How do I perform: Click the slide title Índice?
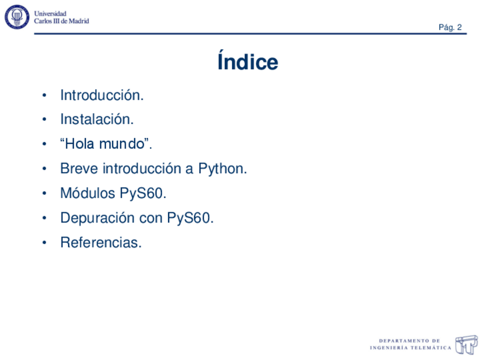coord(247,62)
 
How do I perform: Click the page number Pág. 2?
coord(450,28)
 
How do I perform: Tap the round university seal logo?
coord(17,17)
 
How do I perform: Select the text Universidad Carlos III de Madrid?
coord(61,18)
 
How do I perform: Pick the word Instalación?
coord(96,119)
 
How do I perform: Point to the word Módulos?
coord(88,194)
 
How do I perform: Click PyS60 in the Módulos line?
coord(143,194)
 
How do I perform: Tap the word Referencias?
coord(100,243)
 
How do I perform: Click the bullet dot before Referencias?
coord(44,243)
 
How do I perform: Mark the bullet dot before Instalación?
coord(44,120)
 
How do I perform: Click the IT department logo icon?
coord(467,344)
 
